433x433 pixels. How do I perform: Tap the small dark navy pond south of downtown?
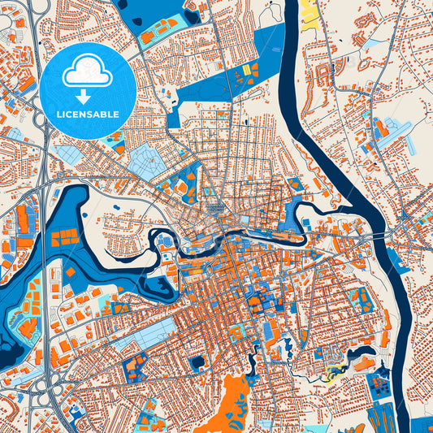[197, 362]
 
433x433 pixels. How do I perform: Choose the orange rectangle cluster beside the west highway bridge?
[63, 237]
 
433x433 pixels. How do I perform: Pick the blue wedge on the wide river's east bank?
[397, 260]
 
